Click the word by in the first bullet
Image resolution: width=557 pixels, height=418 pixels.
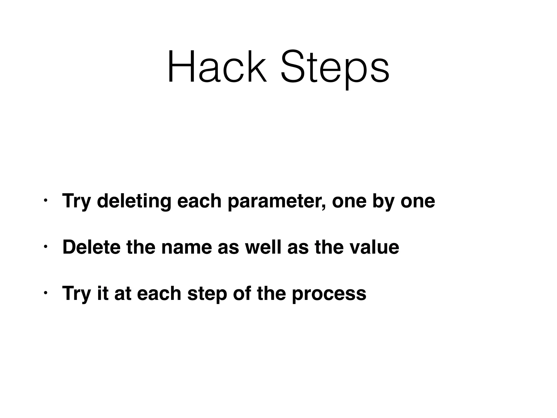(x=383, y=201)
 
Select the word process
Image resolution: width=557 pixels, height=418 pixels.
(x=329, y=294)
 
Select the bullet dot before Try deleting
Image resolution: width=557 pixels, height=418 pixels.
(x=45, y=201)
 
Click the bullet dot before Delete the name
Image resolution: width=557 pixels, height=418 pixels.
(x=45, y=247)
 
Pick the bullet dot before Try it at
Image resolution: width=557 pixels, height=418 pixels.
(x=45, y=293)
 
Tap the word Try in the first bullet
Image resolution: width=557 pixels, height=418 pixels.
(x=76, y=201)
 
